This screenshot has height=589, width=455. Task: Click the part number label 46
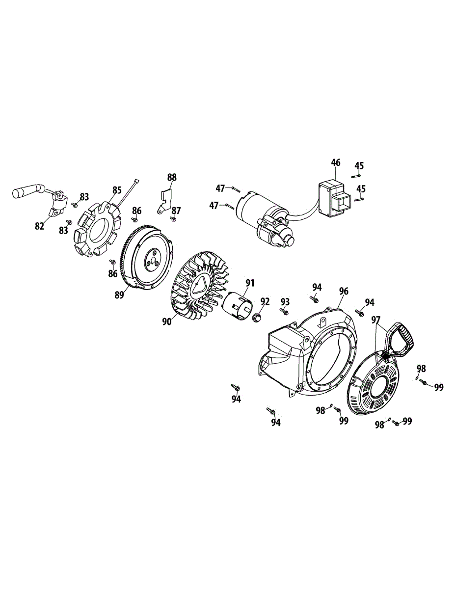[336, 163]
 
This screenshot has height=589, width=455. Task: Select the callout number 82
[40, 226]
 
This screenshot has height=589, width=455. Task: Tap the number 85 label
[117, 190]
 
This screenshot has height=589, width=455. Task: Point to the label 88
[172, 177]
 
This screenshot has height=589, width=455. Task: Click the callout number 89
[119, 294]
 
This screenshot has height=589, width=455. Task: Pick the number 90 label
[166, 321]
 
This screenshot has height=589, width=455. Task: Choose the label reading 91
[250, 283]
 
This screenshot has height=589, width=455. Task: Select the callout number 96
[344, 291]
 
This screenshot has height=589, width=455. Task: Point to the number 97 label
[376, 320]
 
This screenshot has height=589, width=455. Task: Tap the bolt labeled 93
[284, 311]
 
